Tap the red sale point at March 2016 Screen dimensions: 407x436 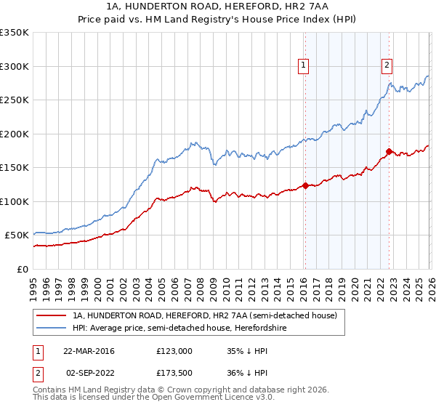point(304,185)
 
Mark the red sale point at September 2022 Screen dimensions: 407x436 point(389,151)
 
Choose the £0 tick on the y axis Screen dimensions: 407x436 point(22,269)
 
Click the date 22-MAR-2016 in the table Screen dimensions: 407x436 point(89,350)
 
